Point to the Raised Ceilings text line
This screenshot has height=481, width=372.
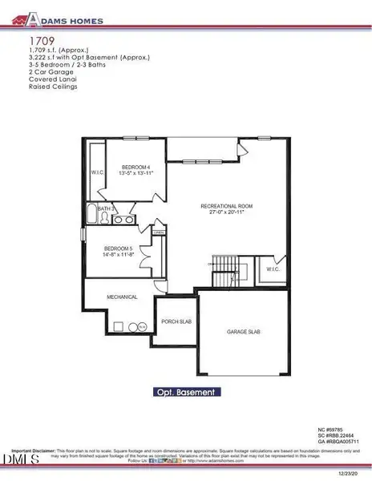click(53, 87)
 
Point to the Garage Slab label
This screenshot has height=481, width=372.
click(245, 332)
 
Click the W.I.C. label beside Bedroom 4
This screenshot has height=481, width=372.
click(95, 172)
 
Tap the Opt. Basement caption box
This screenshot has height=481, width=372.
click(186, 393)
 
